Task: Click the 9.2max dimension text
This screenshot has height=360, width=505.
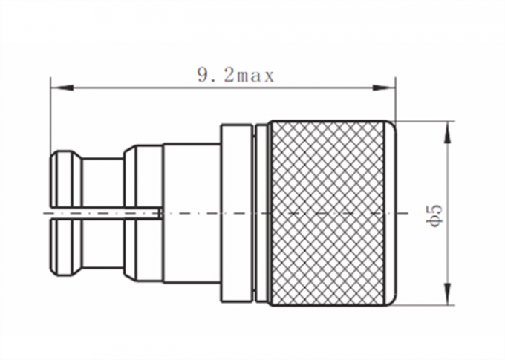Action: tap(235, 76)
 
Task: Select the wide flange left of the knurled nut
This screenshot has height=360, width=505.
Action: tap(236, 212)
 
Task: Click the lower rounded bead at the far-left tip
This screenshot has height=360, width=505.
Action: tap(65, 248)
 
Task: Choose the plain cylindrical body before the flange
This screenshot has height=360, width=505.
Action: tap(191, 212)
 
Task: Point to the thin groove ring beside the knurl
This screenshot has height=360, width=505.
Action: tap(259, 212)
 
